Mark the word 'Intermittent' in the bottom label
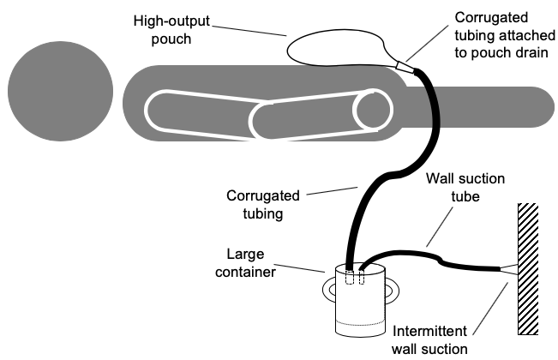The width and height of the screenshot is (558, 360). point(428,330)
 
